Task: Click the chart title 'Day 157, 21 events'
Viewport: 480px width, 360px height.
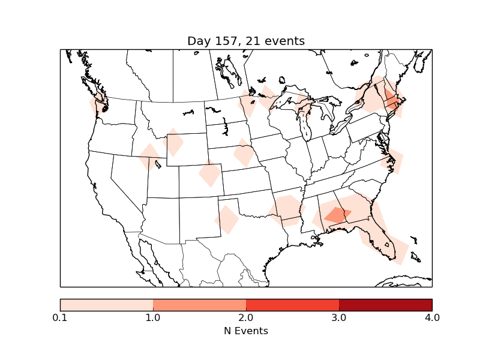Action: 246,41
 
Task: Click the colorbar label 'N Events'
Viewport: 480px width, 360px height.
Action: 246,331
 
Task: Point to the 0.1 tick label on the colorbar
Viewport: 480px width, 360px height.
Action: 60,317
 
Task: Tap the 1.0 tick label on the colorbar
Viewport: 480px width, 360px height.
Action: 153,317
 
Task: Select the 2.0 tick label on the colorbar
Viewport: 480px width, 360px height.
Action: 246,317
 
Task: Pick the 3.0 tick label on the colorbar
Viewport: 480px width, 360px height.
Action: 339,317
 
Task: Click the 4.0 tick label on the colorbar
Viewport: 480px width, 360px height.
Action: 432,317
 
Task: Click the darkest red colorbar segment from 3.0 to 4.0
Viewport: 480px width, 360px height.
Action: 385,304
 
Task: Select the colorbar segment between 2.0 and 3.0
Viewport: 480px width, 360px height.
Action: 292,304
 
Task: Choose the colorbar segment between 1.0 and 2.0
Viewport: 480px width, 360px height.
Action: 199,304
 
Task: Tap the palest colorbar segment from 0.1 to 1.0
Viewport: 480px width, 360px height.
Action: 106,304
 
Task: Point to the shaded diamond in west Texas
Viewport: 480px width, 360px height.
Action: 227,220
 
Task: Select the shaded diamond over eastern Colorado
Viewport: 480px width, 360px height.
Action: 210,174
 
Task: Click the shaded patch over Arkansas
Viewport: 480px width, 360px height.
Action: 286,209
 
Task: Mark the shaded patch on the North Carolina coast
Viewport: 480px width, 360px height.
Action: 394,161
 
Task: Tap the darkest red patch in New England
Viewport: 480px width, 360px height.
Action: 391,100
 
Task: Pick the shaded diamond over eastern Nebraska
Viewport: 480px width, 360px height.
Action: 244,153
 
